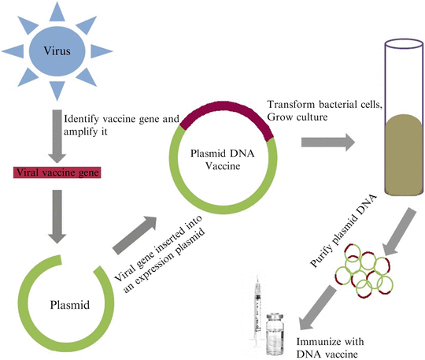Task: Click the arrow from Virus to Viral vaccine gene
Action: tap(54, 131)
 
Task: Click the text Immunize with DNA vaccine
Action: tap(332, 347)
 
